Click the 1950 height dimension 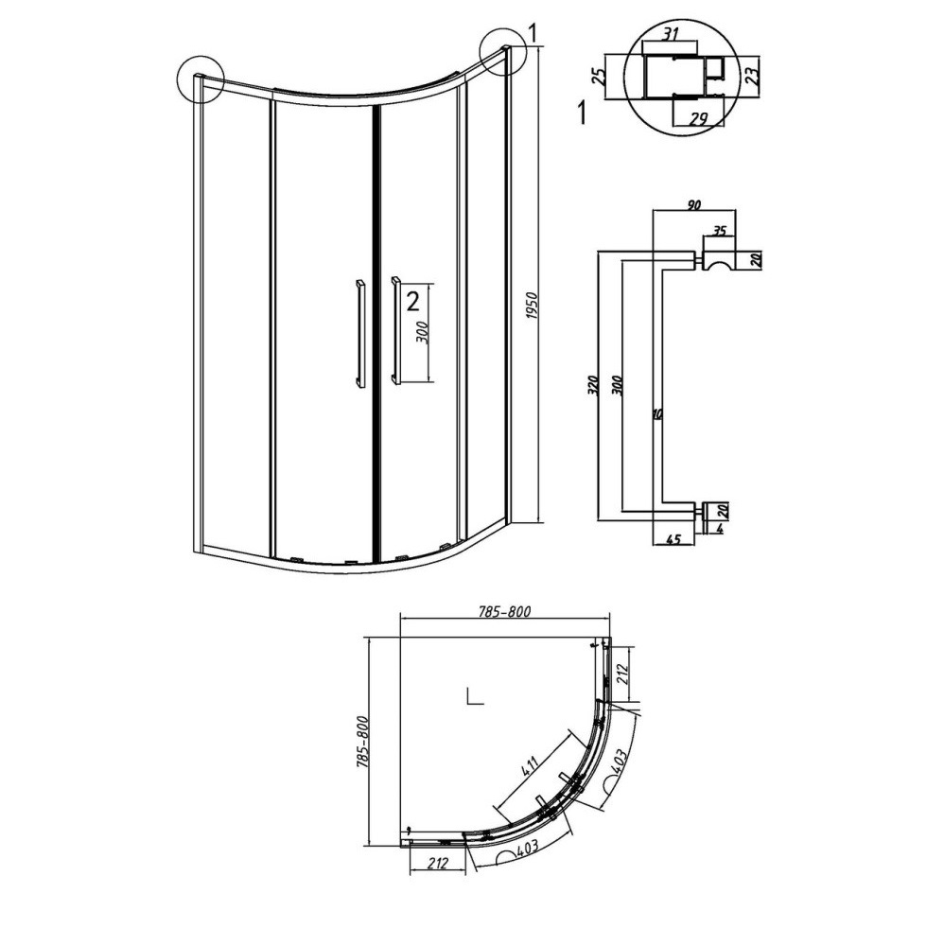point(533,314)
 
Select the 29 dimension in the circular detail point(698,119)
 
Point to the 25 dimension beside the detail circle point(599,76)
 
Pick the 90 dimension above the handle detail point(693,205)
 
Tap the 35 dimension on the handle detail point(719,231)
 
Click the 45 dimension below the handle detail point(673,539)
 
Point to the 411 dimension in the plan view point(529,767)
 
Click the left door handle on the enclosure point(360,332)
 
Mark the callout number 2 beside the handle point(412,301)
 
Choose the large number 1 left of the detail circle point(582,113)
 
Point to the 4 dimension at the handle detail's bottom point(719,529)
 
